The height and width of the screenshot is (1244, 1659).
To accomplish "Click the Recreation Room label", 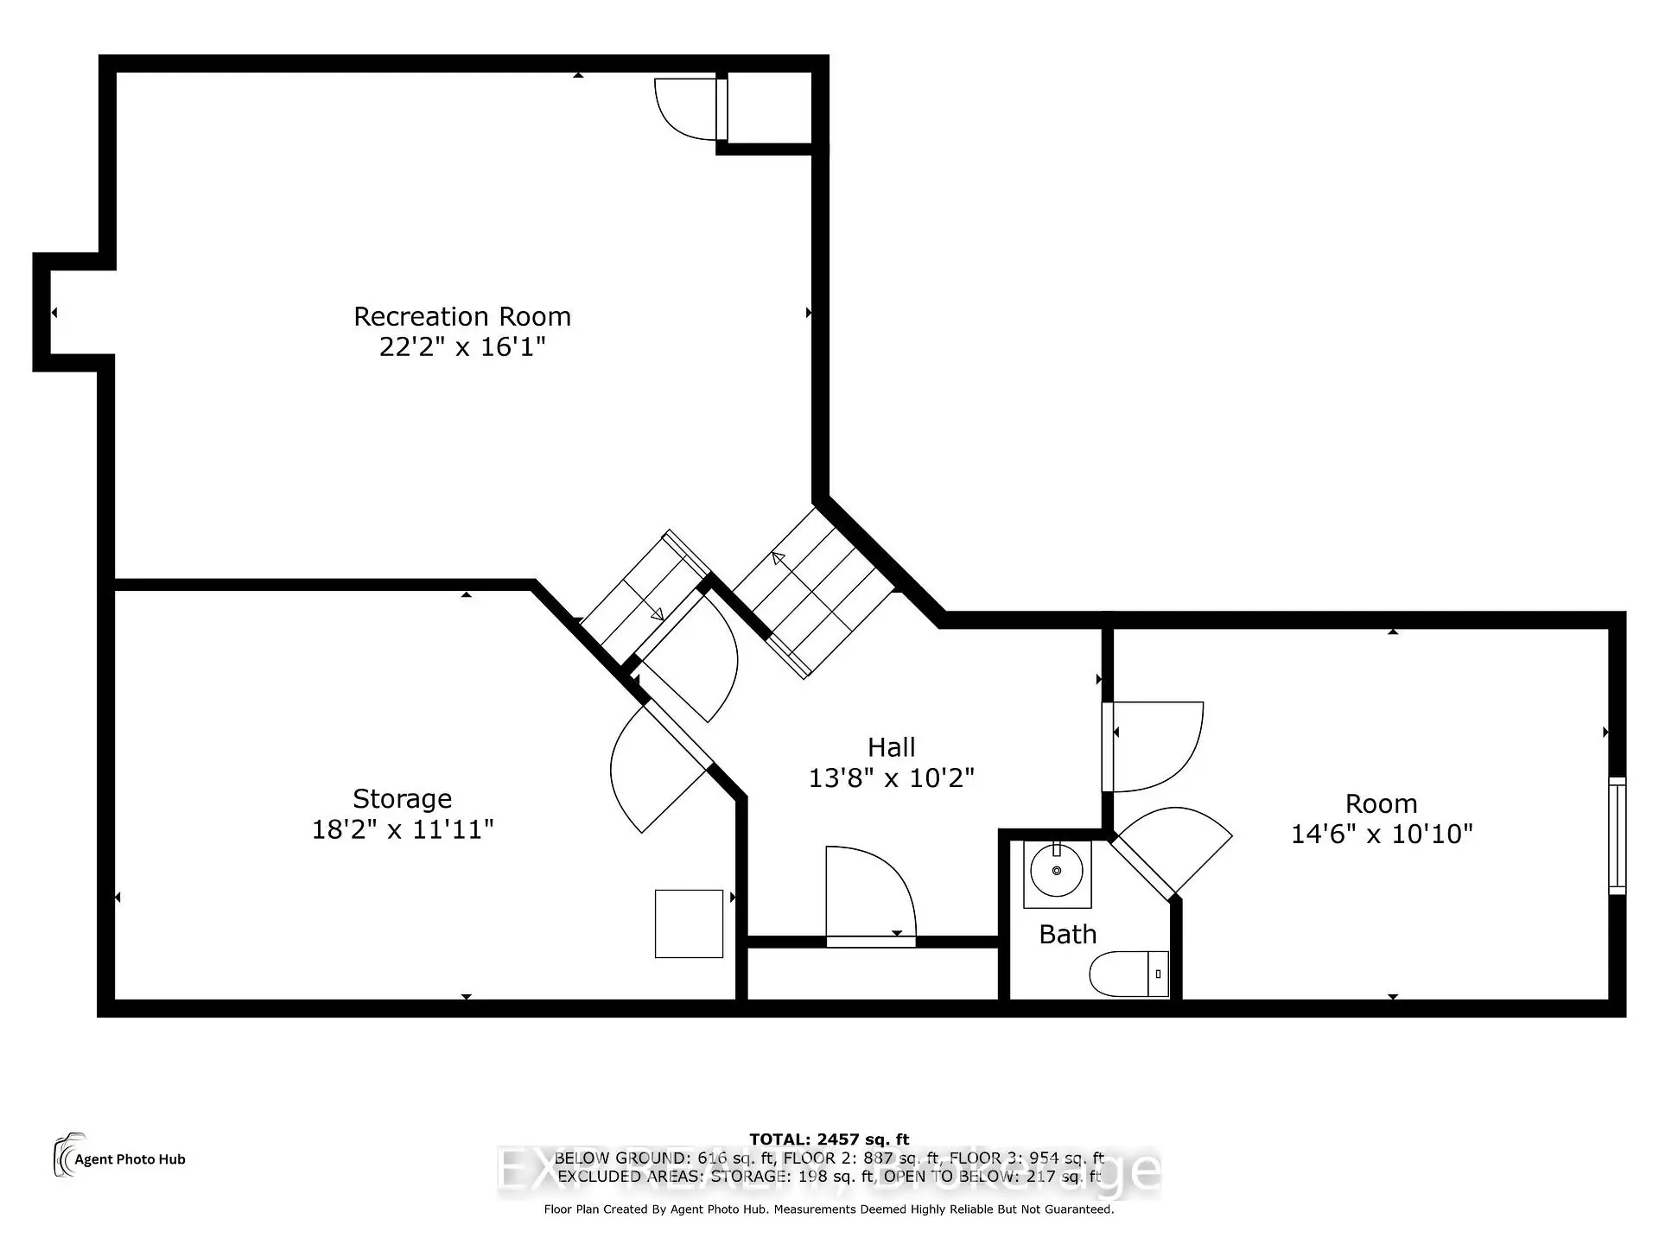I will pos(462,317).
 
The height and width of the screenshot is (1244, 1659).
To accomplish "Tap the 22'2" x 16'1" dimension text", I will pos(462,347).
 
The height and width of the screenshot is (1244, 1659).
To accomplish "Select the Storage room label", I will pos(402,799).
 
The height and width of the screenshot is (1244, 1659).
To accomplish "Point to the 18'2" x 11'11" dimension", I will pos(402,830).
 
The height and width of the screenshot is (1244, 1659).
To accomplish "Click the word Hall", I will pos(891,747).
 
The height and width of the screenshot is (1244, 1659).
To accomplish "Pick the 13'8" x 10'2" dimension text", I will pos(891,778).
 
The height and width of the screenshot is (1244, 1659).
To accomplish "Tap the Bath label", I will pos(1067,935).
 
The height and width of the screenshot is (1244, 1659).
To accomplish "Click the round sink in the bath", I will pos(1056,871).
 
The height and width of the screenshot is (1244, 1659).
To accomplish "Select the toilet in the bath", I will pos(1128,974).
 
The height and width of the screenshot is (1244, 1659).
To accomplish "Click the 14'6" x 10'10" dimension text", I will pos(1381,835).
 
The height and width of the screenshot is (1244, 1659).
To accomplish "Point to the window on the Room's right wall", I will pos(1617,835).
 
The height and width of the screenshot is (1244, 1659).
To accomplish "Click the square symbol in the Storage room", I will pos(689,923).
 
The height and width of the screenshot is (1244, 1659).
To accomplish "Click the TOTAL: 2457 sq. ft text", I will pos(829,1139).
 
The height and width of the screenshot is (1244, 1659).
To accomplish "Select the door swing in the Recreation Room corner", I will pos(685,109).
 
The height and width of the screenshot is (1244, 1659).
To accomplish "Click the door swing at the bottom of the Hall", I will pos(869,894).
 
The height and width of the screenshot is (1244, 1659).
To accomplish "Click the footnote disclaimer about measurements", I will pos(829,1209).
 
